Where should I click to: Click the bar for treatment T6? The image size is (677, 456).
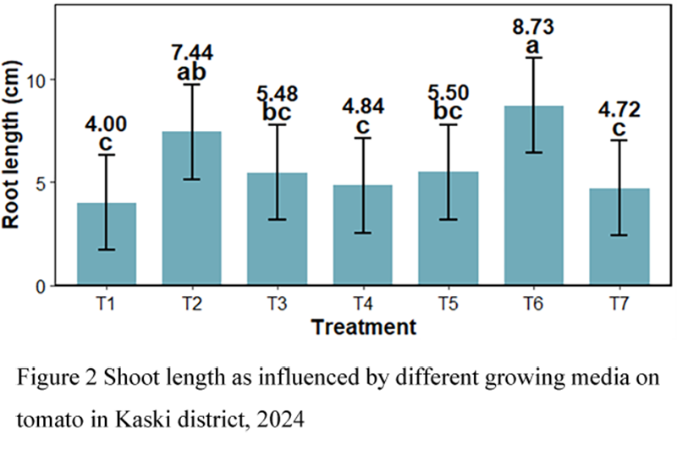(x=534, y=195)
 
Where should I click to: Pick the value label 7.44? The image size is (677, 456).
(x=192, y=53)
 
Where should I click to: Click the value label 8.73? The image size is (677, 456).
(x=534, y=27)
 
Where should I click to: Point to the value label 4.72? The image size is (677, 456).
(x=619, y=109)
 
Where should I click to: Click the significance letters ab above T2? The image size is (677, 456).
(x=192, y=73)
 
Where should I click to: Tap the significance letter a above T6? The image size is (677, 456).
(x=534, y=46)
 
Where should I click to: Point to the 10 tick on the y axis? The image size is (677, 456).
(x=45, y=80)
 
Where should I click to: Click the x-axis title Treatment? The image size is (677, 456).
(x=363, y=327)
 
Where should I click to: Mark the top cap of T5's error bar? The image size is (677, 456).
(x=449, y=125)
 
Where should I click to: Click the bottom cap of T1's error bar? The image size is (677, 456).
(x=107, y=250)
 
